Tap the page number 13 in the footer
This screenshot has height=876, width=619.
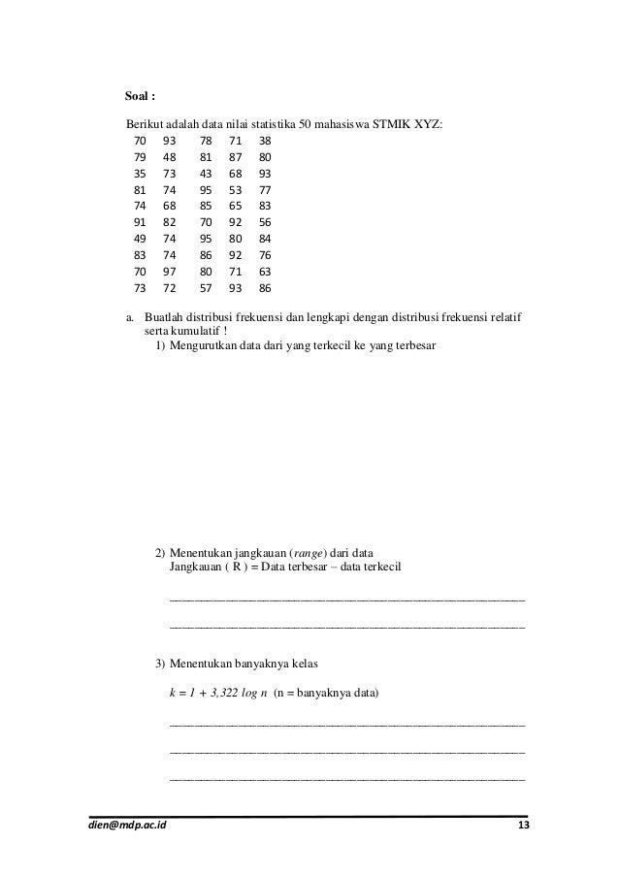tap(524, 825)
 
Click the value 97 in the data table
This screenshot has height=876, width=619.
tap(170, 273)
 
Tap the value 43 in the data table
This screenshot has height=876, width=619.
tap(205, 174)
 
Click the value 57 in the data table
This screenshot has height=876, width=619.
tap(205, 289)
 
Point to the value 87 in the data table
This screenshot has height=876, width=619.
tap(235, 157)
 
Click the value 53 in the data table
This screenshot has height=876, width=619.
tap(235, 190)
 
